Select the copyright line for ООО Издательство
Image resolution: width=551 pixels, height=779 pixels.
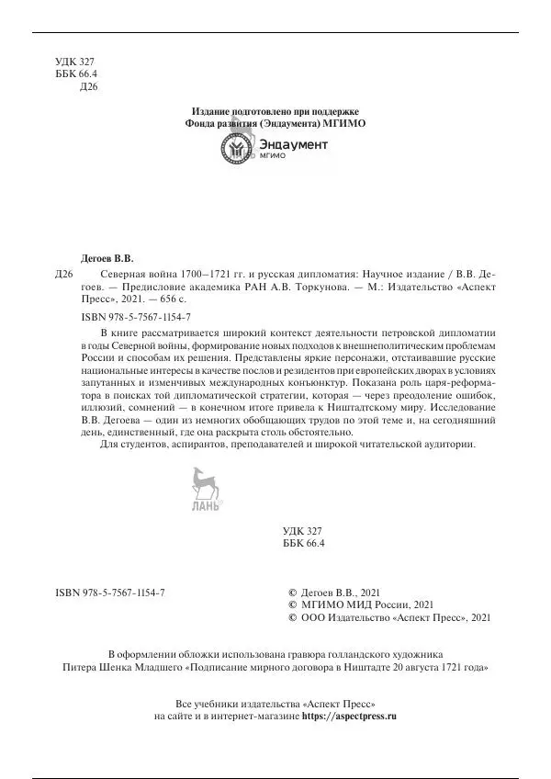tap(377, 619)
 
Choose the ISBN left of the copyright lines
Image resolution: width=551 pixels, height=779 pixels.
tap(109, 592)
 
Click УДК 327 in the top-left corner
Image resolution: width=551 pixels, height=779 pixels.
tap(75, 60)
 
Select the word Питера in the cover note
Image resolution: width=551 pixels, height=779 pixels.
tap(77, 669)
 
